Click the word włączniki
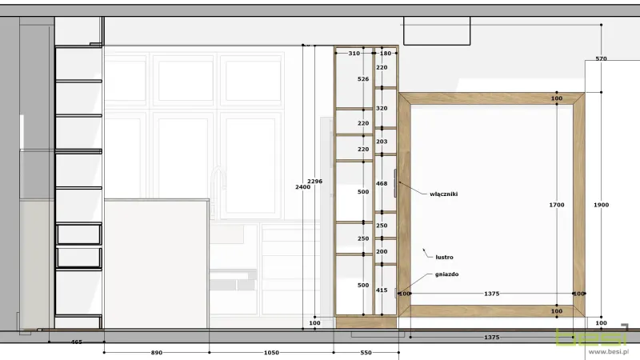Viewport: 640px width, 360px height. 444,194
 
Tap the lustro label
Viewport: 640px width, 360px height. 444,257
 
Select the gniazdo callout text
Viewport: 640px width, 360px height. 446,274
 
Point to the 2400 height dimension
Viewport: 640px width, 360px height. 303,187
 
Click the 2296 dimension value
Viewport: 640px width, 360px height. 314,182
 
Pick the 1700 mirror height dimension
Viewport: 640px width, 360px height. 557,205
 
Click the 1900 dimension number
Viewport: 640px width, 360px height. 602,205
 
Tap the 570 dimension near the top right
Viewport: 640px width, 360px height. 602,58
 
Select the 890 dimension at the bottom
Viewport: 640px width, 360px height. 157,353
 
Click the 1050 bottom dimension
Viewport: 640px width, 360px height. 271,353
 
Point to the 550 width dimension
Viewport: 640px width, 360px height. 366,353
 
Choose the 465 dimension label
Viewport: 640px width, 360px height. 77,342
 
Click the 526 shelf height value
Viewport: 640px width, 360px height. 363,79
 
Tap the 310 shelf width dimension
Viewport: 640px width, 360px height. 354,54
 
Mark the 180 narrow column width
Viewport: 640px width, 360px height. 386,54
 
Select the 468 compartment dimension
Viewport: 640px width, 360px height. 382,184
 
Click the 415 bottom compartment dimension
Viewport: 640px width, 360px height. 382,290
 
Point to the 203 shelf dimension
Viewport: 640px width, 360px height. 382,142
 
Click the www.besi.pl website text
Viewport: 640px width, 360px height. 609,351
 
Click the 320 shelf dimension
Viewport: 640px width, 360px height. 382,109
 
